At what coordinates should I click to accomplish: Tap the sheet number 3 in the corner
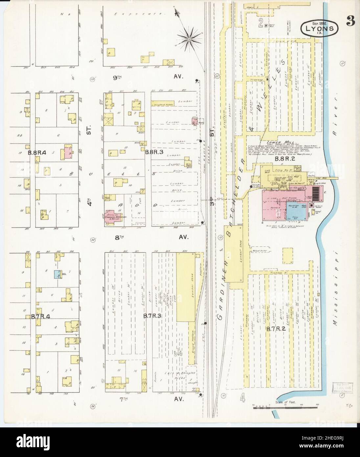coord(350,22)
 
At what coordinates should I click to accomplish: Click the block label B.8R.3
coord(154,152)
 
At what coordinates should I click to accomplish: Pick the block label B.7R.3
coord(152,316)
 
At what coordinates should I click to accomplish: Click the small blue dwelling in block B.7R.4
coord(57,274)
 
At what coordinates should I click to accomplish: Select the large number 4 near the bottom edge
coord(242,398)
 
